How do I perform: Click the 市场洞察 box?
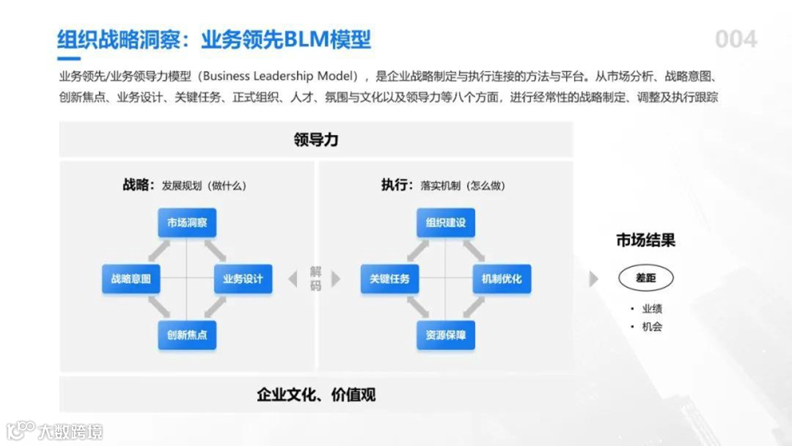click(x=187, y=223)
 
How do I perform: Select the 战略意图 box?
click(x=131, y=279)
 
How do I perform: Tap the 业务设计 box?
click(x=243, y=279)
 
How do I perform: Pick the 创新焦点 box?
click(x=187, y=335)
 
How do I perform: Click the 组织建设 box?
click(x=446, y=223)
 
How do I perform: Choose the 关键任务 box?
click(x=390, y=279)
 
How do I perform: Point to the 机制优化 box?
click(x=502, y=279)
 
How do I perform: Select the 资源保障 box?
click(x=446, y=335)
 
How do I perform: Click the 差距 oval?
click(x=645, y=278)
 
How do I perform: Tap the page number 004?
click(x=736, y=39)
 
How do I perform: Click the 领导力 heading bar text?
click(x=316, y=139)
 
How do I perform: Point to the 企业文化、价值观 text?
click(x=316, y=395)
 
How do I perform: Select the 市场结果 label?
click(x=645, y=240)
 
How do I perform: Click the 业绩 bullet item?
click(x=651, y=309)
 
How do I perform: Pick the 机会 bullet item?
click(x=651, y=327)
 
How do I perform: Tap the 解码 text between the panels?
click(x=315, y=279)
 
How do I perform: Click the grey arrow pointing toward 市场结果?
click(x=594, y=279)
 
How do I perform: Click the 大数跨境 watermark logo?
click(x=55, y=431)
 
